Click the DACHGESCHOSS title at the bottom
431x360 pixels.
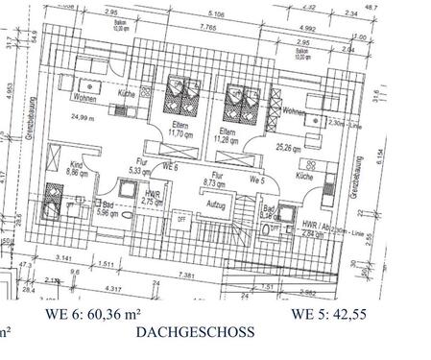pyautogui.click(x=195, y=332)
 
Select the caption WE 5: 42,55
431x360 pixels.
pyautogui.click(x=330, y=314)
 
